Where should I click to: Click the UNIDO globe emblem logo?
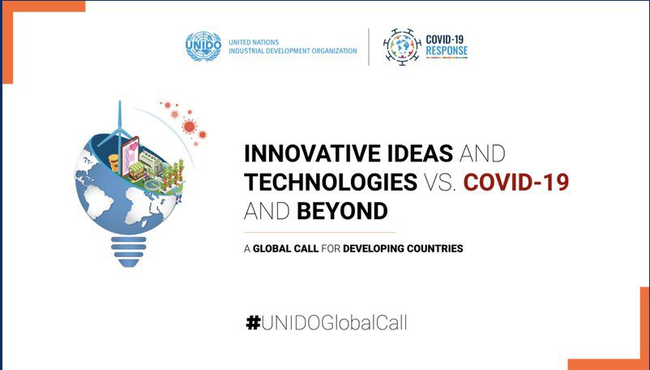[x=203, y=46]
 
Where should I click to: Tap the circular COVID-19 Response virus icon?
[x=402, y=47]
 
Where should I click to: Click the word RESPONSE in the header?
[x=447, y=51]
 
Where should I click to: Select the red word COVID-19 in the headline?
[x=516, y=182]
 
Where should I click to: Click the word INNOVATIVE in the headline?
[x=312, y=153]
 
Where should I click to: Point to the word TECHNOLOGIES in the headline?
[x=331, y=182]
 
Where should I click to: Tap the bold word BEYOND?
[x=342, y=211]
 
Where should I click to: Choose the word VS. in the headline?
[x=439, y=182]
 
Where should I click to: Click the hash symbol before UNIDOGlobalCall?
[x=253, y=322]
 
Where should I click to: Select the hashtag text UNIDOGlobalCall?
[x=334, y=322]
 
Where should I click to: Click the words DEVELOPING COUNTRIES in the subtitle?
[x=403, y=248]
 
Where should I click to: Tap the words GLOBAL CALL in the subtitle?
[x=285, y=248]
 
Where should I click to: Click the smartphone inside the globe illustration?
[x=130, y=156]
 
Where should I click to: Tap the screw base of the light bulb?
[x=129, y=252]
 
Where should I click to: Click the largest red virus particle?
[x=190, y=126]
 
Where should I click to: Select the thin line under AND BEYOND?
[x=319, y=232]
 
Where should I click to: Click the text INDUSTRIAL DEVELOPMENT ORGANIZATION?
[x=293, y=51]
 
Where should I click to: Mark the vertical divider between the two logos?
[x=369, y=47]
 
